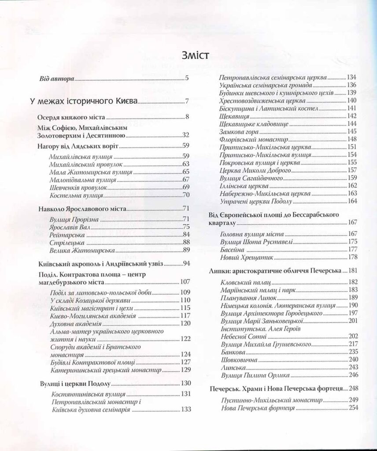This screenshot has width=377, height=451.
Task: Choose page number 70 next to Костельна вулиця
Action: click(185, 195)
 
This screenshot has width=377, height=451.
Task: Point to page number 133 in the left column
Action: click(185, 410)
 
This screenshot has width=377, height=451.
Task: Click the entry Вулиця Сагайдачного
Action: click(251, 178)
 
